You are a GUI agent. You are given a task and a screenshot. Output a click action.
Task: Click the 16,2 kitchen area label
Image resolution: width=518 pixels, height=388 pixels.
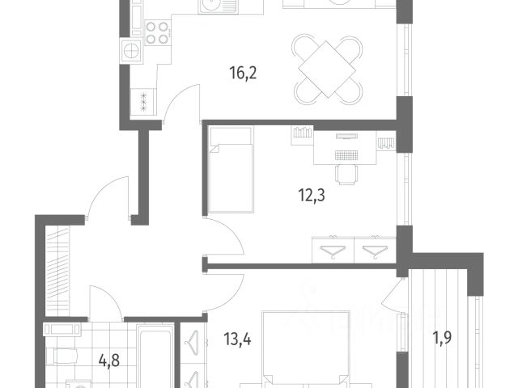[x=243, y=74]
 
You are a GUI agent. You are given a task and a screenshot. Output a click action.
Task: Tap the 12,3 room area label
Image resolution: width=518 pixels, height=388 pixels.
[x=312, y=196]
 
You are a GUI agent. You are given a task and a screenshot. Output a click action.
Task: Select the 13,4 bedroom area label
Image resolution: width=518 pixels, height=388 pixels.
[x=237, y=339]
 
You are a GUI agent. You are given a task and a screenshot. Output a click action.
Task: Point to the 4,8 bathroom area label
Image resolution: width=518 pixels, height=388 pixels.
[x=109, y=361]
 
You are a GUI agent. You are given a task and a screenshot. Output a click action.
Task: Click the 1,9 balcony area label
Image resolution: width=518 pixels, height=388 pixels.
[x=442, y=338]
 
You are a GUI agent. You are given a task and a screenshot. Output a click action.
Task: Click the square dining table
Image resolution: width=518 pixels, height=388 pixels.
[x=327, y=69]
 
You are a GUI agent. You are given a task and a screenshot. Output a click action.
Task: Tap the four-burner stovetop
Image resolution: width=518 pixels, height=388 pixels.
[x=158, y=32]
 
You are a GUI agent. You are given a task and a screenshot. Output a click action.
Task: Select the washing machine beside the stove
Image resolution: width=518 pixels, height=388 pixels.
[x=132, y=52]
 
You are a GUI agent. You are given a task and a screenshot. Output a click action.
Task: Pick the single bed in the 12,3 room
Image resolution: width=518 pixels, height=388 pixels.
[x=231, y=170]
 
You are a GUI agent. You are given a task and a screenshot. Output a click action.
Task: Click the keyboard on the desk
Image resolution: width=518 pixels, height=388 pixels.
[x=346, y=155]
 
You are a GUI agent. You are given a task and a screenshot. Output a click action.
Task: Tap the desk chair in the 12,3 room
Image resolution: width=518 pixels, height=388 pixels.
[x=346, y=175]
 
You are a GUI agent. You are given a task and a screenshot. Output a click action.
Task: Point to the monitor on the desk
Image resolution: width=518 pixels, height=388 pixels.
[x=346, y=137]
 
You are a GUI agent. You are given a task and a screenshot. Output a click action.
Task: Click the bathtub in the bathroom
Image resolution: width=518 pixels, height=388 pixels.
[x=155, y=356]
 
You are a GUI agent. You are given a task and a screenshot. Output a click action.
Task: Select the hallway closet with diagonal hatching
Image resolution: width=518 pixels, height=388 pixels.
[x=57, y=272]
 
